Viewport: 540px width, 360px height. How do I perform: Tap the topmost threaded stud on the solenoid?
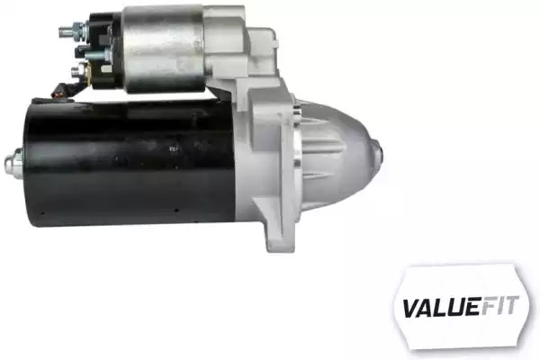(67, 31)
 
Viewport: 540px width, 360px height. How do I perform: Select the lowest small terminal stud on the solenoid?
(76, 72)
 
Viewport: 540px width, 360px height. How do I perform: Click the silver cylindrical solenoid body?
(163, 49)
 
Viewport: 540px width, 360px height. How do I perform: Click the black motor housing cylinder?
(130, 162)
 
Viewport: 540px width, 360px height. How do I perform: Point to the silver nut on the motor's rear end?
(13, 162)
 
